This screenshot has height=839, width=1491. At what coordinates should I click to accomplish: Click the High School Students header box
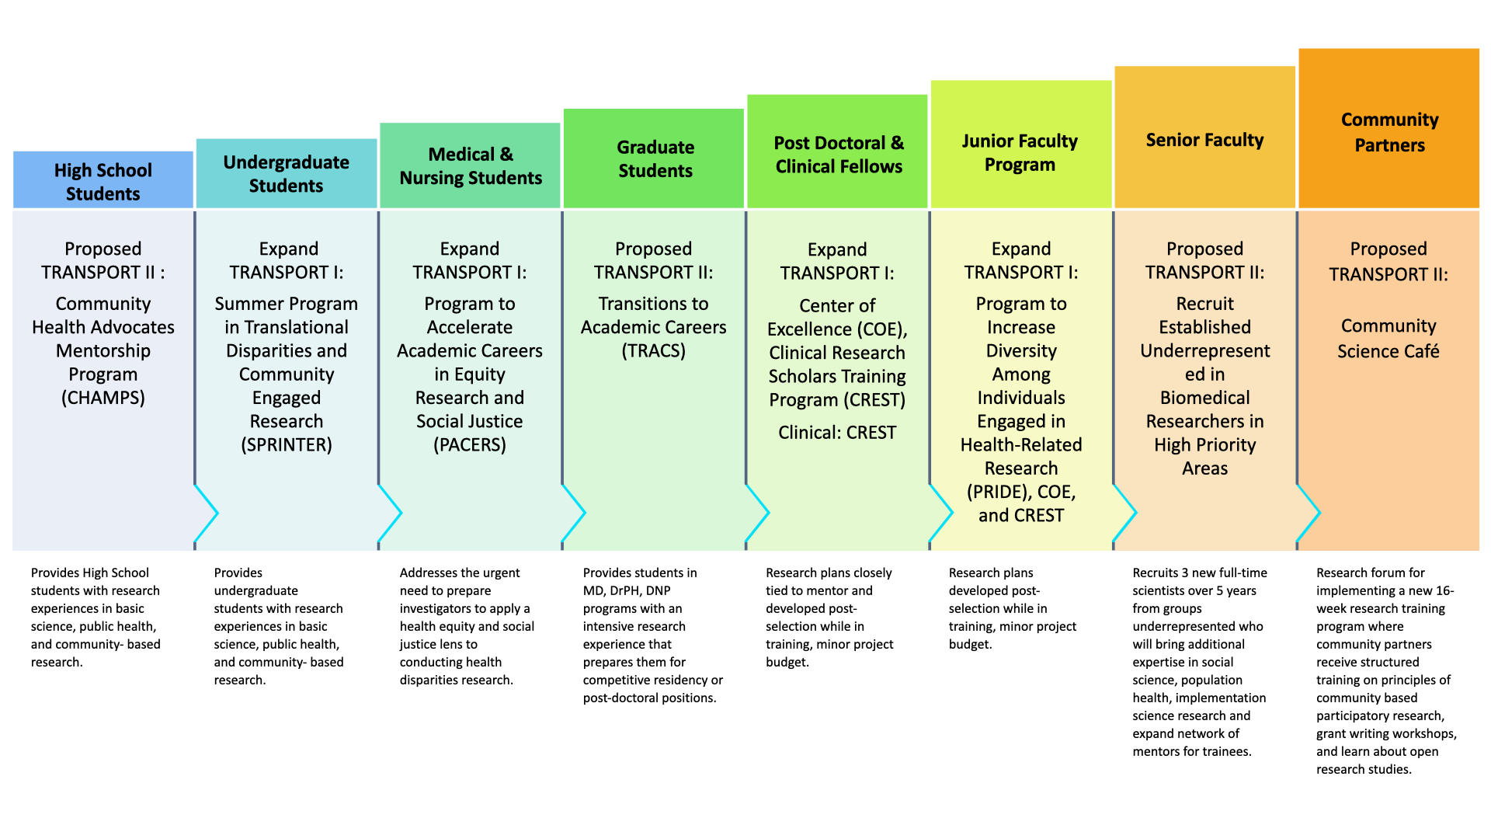tap(103, 180)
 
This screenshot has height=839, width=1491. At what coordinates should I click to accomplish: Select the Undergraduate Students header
tap(287, 173)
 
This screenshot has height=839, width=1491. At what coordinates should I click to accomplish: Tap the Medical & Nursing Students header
tap(470, 165)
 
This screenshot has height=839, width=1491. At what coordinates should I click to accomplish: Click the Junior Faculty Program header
tap(1020, 151)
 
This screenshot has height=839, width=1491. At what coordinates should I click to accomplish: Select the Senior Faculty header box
tap(1204, 140)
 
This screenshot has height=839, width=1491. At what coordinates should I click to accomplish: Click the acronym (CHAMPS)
tap(103, 398)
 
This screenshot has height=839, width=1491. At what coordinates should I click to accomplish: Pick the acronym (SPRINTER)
tap(287, 444)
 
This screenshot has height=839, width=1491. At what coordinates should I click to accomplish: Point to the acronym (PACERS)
tap(470, 444)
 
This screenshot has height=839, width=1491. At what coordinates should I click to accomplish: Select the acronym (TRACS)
tap(654, 350)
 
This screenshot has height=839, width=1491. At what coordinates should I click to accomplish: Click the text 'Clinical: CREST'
tap(837, 432)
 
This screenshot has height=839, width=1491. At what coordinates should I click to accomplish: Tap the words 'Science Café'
tap(1388, 351)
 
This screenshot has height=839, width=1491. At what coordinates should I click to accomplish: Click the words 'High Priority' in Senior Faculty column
tap(1204, 444)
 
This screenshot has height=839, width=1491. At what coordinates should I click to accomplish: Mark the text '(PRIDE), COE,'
tap(1020, 492)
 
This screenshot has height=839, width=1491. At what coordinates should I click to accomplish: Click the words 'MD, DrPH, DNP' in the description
tap(627, 590)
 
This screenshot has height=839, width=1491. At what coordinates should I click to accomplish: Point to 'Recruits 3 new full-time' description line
tap(1200, 573)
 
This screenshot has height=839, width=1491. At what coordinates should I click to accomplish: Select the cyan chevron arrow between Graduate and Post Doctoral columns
tap(758, 513)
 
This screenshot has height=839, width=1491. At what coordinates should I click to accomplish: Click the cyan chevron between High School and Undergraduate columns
tap(207, 513)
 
